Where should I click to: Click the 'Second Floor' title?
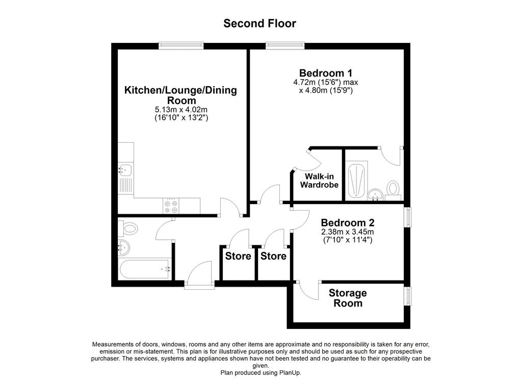pos(259,23)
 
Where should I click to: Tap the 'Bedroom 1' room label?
pos(326,73)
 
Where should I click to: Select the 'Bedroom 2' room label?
pos(348,222)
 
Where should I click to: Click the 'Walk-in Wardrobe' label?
pos(319,181)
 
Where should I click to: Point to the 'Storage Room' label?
pos(348,298)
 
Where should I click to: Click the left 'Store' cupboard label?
pos(238,256)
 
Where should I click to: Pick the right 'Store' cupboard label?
pos(273,256)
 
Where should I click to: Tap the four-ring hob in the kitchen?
pos(171,206)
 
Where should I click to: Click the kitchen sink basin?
pos(125,170)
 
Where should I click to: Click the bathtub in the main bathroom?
pos(145,269)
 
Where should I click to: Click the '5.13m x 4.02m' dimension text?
pos(181,110)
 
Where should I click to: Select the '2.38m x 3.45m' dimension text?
pos(348,232)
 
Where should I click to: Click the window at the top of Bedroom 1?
pos(285,45)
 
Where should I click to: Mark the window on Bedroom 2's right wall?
pos(407,217)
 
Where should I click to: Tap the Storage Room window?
pos(407,296)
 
